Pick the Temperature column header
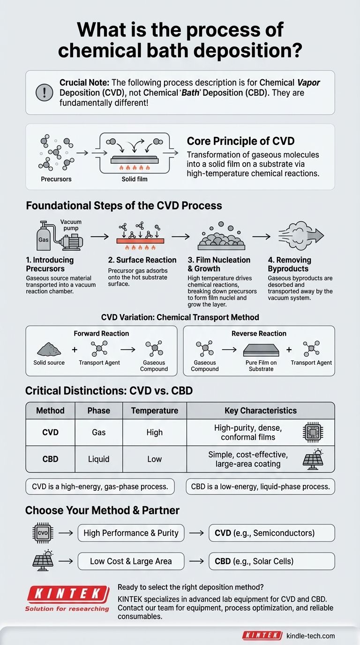pos(154,411)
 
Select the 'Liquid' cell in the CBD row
pos(98,459)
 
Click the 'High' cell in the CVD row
pos(154,432)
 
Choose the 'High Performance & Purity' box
pos(131,533)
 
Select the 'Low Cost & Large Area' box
pos(131,561)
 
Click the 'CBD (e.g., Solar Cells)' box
pos(265,561)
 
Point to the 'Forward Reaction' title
pos(101,333)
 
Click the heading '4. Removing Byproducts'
pos(289,264)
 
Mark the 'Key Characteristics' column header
pos(261,411)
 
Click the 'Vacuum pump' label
pos(71,225)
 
